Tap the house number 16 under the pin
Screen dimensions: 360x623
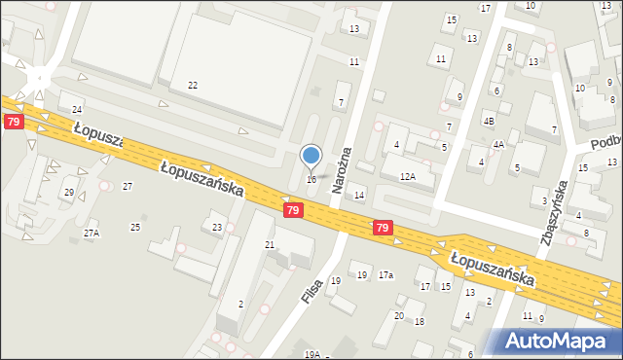coord(311,179)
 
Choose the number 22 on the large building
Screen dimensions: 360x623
coord(193,86)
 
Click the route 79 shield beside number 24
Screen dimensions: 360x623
coord(13,122)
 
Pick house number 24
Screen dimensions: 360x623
coord(77,109)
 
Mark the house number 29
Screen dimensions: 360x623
coord(68,193)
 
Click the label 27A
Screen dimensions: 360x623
coord(91,234)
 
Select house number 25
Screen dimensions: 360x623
coord(135,227)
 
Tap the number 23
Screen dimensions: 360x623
coord(217,228)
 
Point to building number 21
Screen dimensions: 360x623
coord(270,244)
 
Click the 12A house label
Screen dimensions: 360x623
coord(408,177)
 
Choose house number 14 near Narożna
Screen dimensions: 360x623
coord(359,196)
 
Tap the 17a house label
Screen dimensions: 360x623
coord(386,275)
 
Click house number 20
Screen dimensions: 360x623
coord(398,315)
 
